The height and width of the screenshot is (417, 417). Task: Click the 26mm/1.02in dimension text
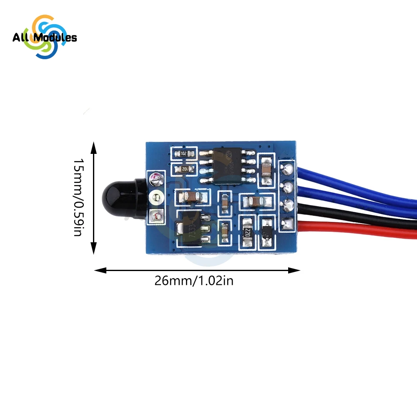click(x=194, y=281)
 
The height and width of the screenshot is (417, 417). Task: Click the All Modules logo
click(x=45, y=38)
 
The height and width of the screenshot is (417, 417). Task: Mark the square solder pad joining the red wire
click(x=286, y=224)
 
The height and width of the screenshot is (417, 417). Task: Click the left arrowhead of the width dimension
click(x=98, y=270)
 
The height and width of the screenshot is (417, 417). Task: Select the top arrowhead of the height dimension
click(x=93, y=146)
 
